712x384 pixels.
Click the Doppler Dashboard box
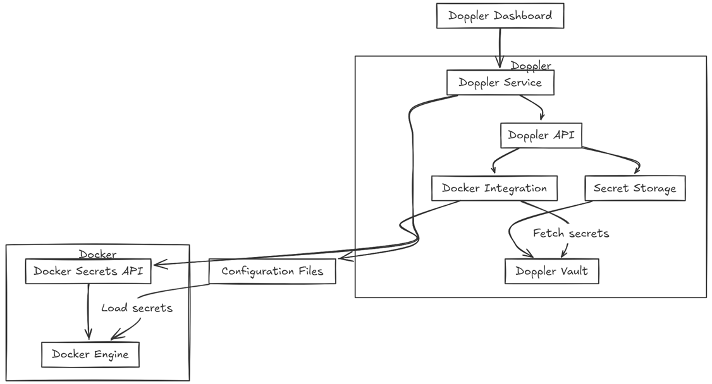click(500, 16)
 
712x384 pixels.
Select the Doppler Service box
click(500, 83)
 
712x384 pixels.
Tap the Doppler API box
click(541, 135)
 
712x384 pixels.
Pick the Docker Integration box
click(494, 188)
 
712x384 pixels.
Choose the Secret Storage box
click(634, 188)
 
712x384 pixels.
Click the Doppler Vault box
click(551, 271)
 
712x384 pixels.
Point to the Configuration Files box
click(272, 271)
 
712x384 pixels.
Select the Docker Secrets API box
click(88, 272)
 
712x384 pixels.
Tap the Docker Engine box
click(90, 354)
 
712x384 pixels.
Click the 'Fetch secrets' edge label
click(571, 234)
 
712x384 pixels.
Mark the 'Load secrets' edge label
click(137, 308)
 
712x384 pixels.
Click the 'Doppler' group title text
click(531, 66)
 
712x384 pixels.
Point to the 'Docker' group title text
click(97, 255)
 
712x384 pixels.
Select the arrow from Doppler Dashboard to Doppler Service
click(500, 47)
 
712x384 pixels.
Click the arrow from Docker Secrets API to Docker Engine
click(88, 313)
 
